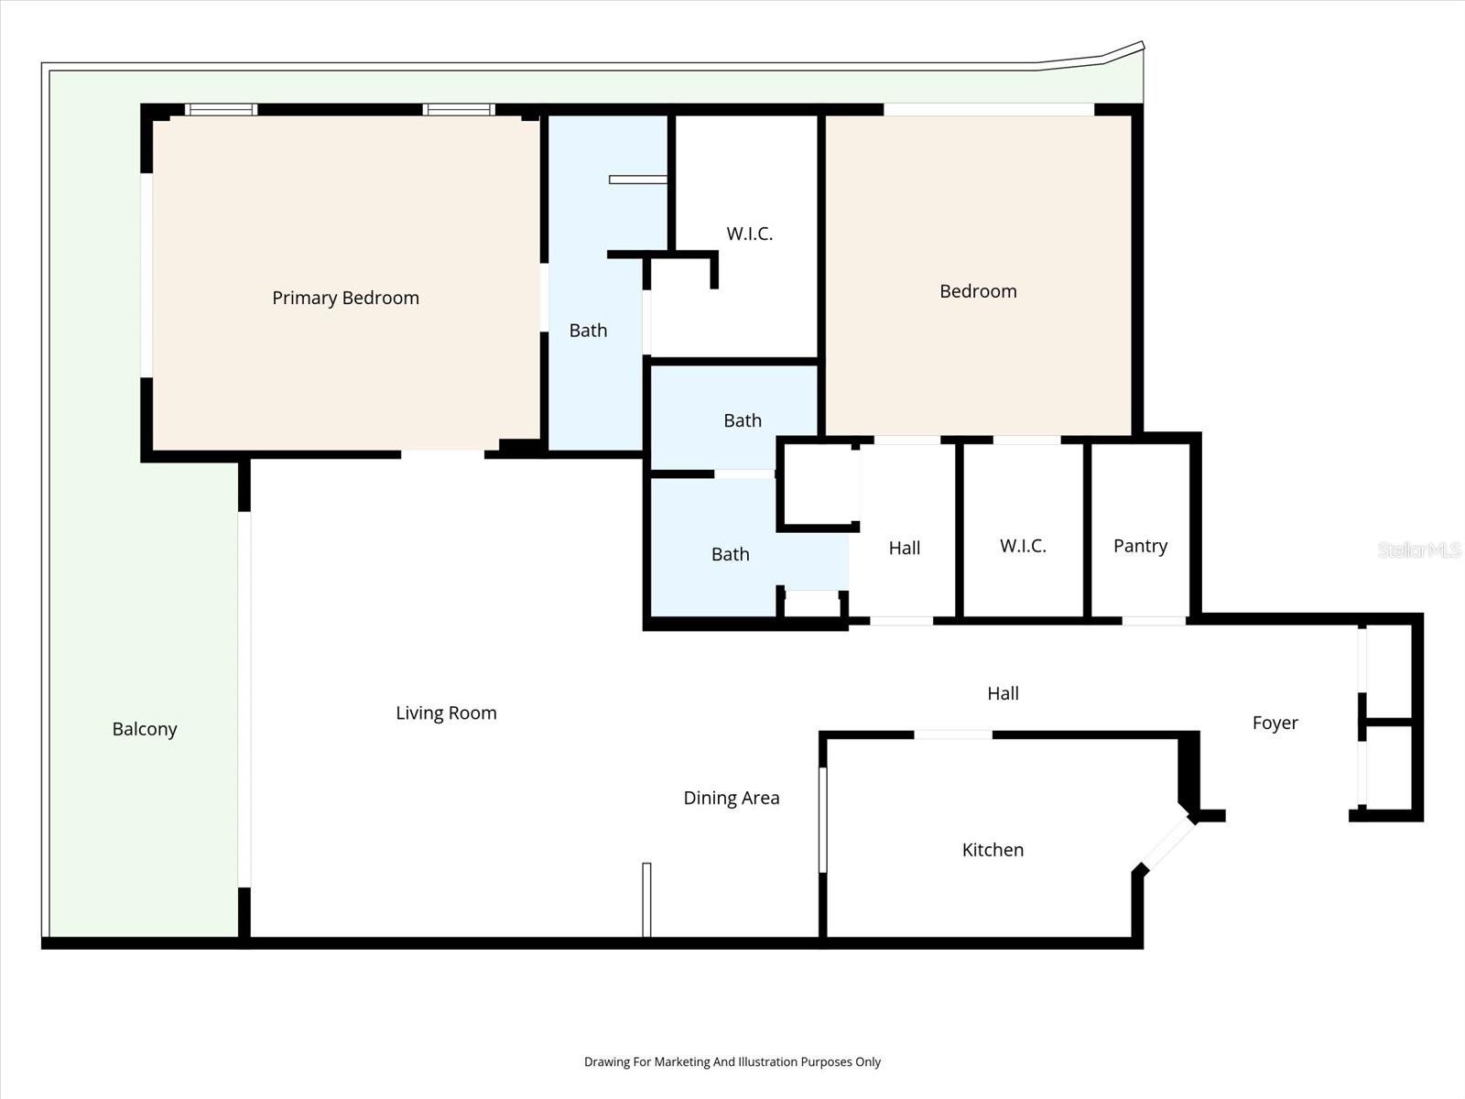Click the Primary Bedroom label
coord(345,298)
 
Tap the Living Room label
coord(446,713)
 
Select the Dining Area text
coord(731,798)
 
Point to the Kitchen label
coord(993,850)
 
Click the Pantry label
coord(1140,546)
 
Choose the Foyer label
coord(1275,723)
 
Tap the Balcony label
coord(145,729)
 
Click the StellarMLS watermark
coord(1418,549)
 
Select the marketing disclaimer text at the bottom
coord(732,1061)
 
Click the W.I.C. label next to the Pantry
coord(1023,546)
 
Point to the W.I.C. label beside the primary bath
coord(749,234)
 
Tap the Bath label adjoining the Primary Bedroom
coord(588,331)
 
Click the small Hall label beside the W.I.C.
coord(904,548)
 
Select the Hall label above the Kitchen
coord(1003,693)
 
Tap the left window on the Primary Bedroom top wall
coord(221,110)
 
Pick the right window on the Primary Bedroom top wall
coord(459,110)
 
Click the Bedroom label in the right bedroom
coord(978,291)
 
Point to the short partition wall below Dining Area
coord(646,899)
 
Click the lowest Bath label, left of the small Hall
coord(730,554)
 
